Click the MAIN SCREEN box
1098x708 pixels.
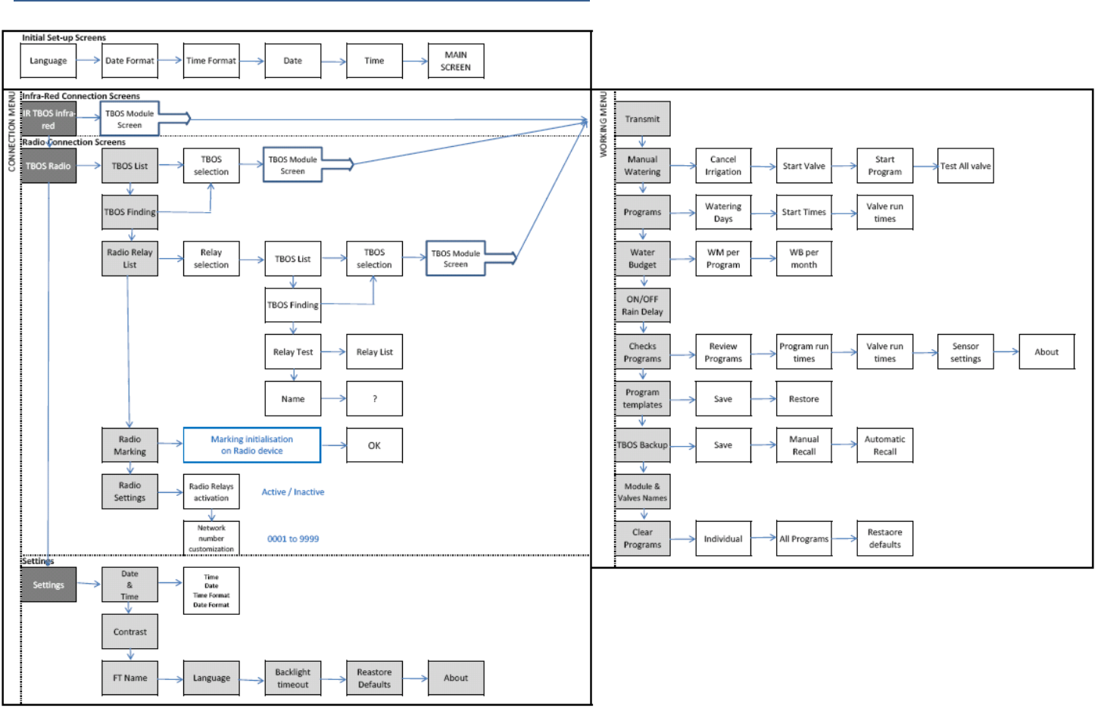coord(455,61)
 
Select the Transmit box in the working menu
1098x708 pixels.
coord(642,119)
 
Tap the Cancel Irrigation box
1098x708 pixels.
coord(723,166)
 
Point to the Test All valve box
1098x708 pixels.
coord(965,166)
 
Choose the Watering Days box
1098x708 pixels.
coord(723,212)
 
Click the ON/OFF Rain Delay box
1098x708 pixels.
coord(642,305)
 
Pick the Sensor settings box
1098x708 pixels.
coord(965,352)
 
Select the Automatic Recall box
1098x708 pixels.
coord(884,445)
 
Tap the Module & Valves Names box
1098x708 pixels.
coord(642,492)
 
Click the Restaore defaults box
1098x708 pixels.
coord(884,538)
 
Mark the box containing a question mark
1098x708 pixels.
coord(374,398)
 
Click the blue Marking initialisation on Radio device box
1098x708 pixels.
coord(251,445)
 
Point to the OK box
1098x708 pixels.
coord(374,445)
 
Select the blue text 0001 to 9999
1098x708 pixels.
coord(293,539)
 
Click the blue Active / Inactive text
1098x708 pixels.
coord(293,492)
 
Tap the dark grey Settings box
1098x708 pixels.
coord(48,585)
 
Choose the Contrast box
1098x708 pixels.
coord(129,632)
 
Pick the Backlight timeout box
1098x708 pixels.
coord(292,678)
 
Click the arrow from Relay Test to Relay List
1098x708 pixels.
coord(333,352)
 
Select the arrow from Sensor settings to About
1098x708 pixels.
coord(1006,351)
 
